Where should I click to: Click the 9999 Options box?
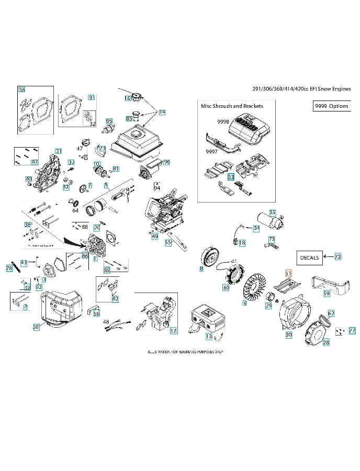click(x=331, y=106)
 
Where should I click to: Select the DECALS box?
click(x=310, y=257)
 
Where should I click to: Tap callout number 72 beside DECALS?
click(x=337, y=256)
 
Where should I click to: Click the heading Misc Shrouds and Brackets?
click(x=232, y=106)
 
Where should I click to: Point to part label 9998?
click(x=223, y=121)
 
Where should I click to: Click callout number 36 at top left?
click(x=21, y=90)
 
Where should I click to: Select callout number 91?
click(x=91, y=97)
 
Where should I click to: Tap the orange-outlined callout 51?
click(x=288, y=273)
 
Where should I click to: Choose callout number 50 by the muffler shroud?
click(x=36, y=327)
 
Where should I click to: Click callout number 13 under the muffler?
click(x=209, y=336)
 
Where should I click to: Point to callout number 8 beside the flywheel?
click(x=201, y=269)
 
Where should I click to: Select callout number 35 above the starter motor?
click(x=272, y=212)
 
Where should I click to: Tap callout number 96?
click(x=166, y=162)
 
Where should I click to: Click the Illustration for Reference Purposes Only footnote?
click(x=185, y=352)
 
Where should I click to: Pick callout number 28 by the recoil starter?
click(x=326, y=343)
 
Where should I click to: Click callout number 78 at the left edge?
click(x=9, y=268)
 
